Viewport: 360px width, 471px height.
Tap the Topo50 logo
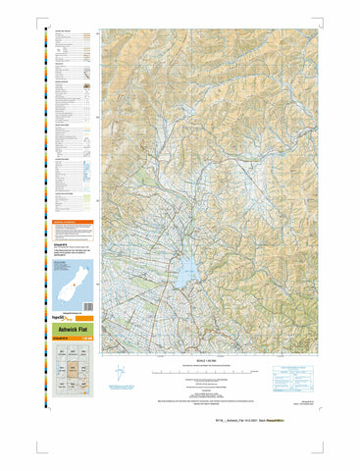[64, 319]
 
